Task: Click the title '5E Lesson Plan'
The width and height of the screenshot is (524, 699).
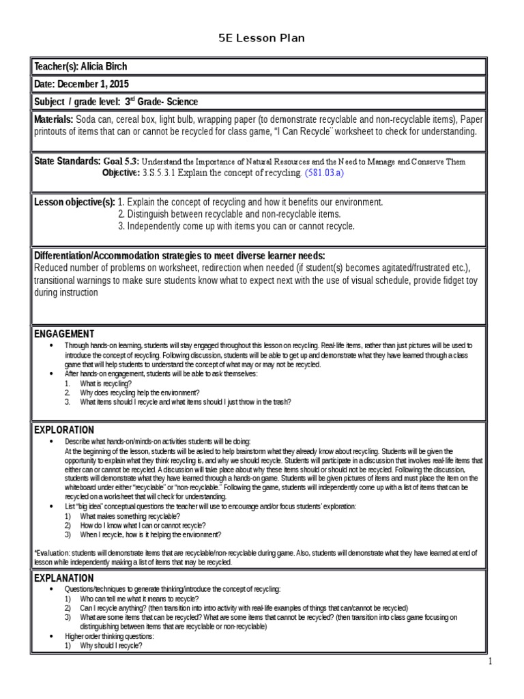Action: pos(261,38)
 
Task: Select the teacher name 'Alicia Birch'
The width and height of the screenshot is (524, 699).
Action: pos(103,67)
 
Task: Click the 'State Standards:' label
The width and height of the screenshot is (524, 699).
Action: pos(67,161)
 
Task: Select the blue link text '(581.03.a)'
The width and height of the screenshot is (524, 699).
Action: pos(325,173)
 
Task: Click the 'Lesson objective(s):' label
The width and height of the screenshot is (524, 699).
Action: pos(74,202)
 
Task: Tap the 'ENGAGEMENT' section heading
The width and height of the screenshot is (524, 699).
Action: pos(64,334)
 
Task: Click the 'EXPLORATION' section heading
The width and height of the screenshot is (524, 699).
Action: pos(64,430)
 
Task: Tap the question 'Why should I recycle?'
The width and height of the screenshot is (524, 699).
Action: pos(111,645)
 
